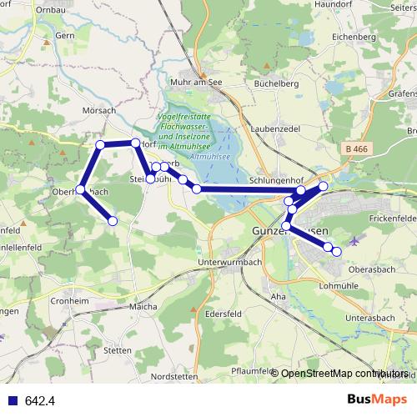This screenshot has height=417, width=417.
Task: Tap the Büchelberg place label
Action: point(275,83)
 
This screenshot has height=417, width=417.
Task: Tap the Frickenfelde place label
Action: point(391,217)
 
